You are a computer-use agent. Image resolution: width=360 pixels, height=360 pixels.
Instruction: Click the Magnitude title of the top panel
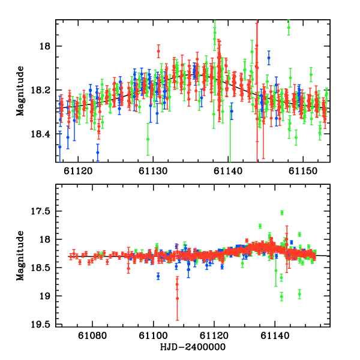tap(22, 90)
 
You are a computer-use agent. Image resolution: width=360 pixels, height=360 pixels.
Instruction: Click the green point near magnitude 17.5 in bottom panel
tap(282, 212)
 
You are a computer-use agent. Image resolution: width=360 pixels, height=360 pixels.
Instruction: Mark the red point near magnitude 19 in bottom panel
tap(178, 298)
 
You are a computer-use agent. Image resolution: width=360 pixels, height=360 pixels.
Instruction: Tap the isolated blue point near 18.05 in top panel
tap(269, 58)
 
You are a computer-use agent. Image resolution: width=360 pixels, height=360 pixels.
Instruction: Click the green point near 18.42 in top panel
tap(148, 139)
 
